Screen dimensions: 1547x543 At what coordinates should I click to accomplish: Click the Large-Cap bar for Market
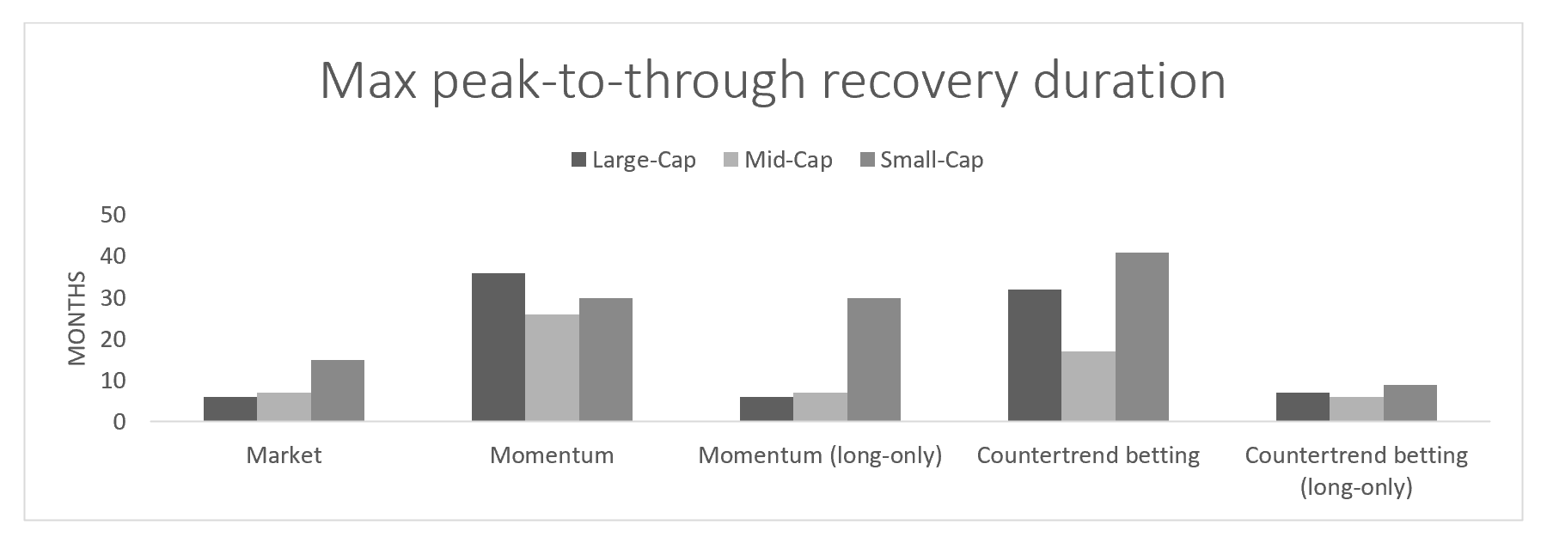(x=230, y=409)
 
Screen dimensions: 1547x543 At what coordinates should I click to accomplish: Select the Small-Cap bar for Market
(x=338, y=390)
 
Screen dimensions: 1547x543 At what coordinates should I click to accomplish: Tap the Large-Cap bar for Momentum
(x=498, y=347)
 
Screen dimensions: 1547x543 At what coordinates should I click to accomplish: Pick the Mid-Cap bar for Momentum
(x=552, y=368)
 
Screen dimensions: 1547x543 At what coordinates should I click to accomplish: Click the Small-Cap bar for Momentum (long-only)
(x=874, y=359)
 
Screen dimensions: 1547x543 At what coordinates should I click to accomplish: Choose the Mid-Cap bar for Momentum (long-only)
(x=820, y=407)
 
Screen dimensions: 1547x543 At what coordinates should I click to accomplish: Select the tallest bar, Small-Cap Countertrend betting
(x=1142, y=337)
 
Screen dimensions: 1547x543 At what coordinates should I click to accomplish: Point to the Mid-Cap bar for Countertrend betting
(x=1088, y=387)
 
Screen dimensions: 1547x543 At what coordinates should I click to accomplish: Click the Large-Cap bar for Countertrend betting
(x=1035, y=356)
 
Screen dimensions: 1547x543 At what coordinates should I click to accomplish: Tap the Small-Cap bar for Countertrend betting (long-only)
(x=1410, y=403)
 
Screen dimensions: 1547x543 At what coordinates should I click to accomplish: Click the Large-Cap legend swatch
(x=578, y=160)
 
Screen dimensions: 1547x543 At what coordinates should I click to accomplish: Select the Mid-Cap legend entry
(x=778, y=160)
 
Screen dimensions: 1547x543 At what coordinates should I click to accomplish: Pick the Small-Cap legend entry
(x=921, y=160)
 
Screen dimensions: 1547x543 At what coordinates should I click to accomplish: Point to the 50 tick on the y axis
(x=113, y=215)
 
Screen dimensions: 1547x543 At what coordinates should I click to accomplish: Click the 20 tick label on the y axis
(x=113, y=339)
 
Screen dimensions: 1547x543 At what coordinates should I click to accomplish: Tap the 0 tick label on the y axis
(x=119, y=422)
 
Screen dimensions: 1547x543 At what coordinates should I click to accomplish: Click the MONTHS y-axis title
(x=77, y=318)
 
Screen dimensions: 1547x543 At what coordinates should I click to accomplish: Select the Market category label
(x=284, y=455)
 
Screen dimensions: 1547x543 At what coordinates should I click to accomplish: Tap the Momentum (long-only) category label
(x=820, y=455)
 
